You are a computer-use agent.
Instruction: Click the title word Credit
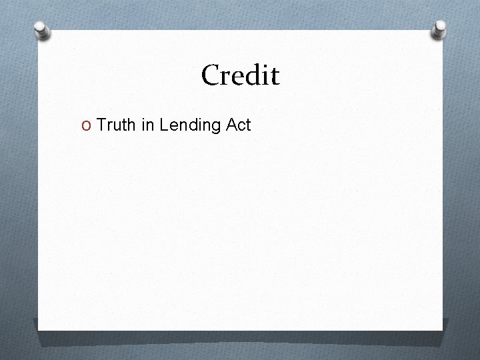click(x=240, y=75)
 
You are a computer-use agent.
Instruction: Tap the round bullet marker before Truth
click(x=87, y=125)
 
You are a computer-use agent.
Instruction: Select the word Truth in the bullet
click(x=117, y=124)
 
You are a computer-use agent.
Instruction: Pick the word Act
click(x=238, y=124)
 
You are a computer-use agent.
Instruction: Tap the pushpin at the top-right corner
click(x=439, y=28)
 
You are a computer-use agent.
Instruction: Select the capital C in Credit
click(x=212, y=75)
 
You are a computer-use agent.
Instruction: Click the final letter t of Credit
click(x=274, y=77)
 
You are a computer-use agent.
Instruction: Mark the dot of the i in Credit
click(x=263, y=65)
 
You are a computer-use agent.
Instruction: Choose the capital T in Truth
click(x=102, y=124)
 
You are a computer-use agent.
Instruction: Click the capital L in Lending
click(x=164, y=124)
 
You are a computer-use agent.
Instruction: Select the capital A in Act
click(x=229, y=124)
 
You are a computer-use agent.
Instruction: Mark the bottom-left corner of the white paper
click(x=38, y=329)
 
